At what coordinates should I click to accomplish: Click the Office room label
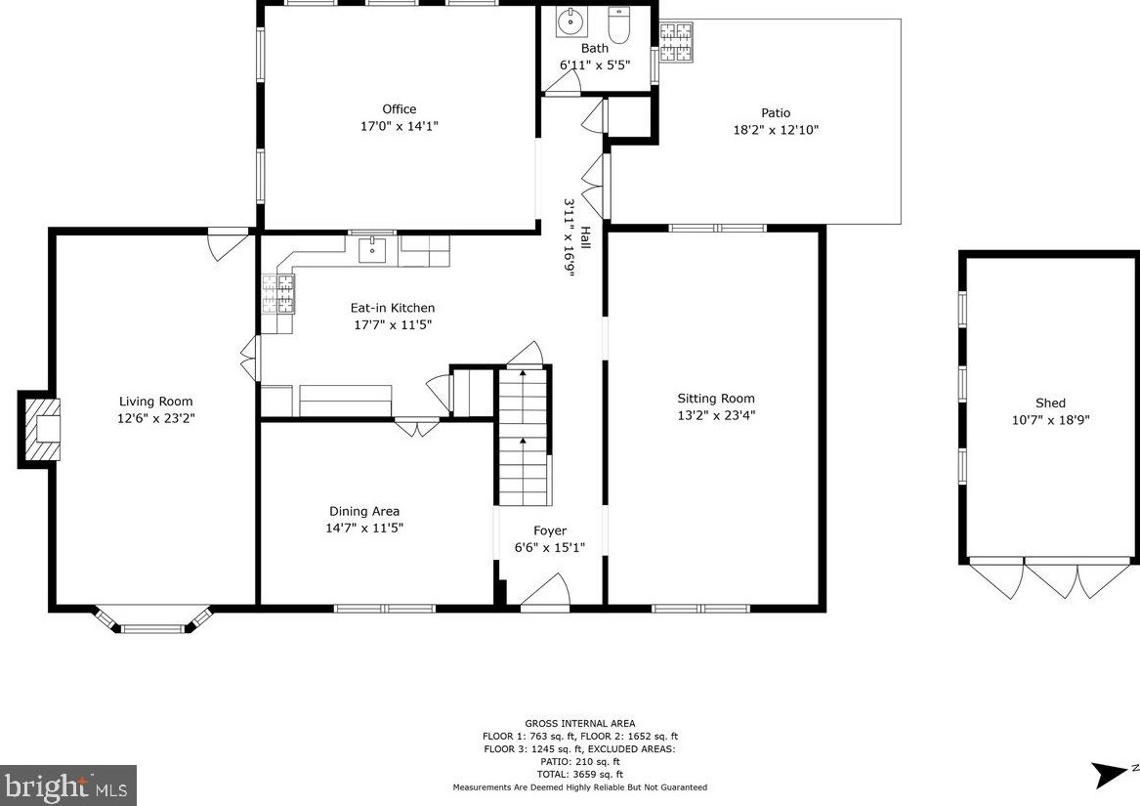coord(400,109)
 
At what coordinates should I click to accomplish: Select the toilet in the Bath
coord(619,24)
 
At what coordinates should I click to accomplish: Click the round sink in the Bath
coord(571,23)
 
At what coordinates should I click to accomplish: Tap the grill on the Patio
coord(676,41)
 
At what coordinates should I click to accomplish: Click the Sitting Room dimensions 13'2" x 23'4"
coord(716,415)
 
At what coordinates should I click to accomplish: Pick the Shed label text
coord(1050,403)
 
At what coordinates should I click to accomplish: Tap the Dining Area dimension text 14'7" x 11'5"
coord(364,529)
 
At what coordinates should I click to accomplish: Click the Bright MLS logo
coord(68,785)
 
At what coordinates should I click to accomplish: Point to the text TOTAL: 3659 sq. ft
coord(580,774)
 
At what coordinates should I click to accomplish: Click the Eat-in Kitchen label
coord(393,308)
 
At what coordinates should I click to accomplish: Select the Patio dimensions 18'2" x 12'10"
coord(776,130)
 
